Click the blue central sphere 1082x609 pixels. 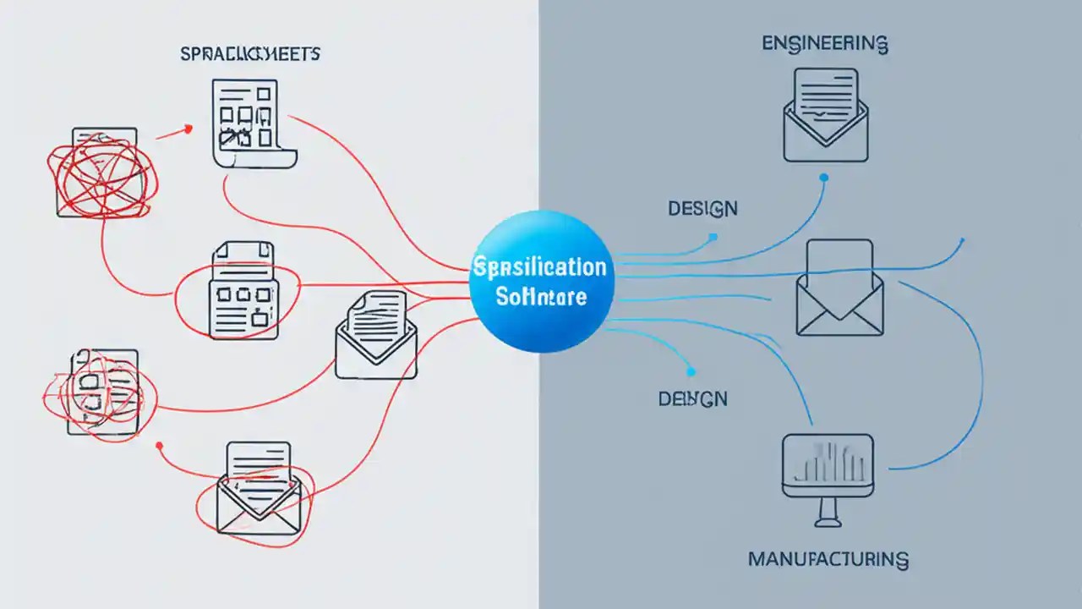point(541,282)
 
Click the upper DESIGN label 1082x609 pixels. point(702,208)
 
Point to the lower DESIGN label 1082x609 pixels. point(692,398)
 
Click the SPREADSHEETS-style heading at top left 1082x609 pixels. point(250,55)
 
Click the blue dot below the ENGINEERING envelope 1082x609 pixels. point(824,178)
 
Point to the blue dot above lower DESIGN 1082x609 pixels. point(691,371)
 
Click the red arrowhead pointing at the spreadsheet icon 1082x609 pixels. point(188,129)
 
